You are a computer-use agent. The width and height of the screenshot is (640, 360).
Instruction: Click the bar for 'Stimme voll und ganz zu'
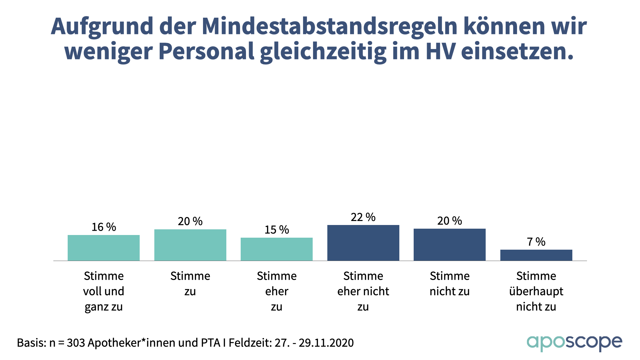coord(104,248)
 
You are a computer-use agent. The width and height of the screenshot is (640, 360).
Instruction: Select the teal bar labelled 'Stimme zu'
coord(190,245)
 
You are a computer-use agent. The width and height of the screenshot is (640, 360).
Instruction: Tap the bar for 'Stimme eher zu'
coord(277,249)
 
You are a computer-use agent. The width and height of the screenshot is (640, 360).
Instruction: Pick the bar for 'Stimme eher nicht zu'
coord(363,243)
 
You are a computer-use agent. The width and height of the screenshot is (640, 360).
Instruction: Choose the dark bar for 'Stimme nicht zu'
coord(449,245)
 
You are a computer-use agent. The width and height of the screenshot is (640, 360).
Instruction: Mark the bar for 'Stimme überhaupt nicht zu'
coord(536,255)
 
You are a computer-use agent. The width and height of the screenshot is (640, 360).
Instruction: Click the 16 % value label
coord(104,227)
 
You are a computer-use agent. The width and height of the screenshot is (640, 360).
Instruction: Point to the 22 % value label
coord(363,217)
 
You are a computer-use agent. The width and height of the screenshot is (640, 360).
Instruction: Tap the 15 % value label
coord(277,230)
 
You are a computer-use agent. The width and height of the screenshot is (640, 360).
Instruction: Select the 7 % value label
coord(536,242)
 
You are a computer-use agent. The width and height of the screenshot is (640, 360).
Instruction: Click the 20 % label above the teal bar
coord(190,221)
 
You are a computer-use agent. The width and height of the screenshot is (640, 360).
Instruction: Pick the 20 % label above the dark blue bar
coord(449,221)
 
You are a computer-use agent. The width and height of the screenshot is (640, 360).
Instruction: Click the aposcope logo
coord(574,342)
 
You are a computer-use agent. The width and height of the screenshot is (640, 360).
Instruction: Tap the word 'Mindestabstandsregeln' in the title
coord(329,26)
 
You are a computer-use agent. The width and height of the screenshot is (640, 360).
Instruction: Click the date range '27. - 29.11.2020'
coord(314,343)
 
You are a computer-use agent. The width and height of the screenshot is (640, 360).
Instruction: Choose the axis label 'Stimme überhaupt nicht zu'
coord(536,291)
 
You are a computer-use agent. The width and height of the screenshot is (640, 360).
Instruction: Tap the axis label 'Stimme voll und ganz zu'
coord(104,291)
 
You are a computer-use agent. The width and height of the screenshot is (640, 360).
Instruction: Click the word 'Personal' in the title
coord(206,51)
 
